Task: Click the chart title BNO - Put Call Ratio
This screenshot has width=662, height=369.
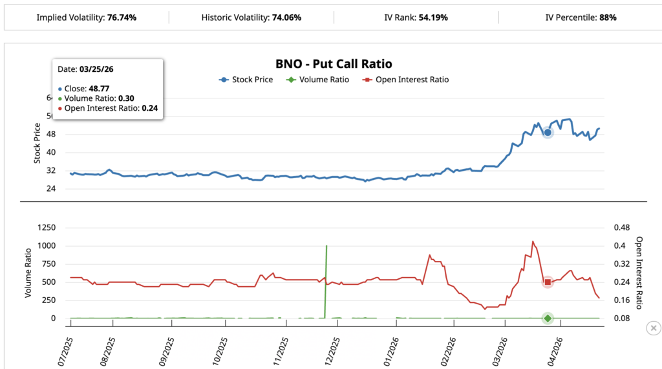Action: point(334,64)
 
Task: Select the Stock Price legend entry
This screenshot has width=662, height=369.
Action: point(246,80)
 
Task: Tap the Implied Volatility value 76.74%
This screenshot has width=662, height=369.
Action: point(121,17)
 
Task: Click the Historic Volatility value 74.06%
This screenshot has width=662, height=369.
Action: point(286,17)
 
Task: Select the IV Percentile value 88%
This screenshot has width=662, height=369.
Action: point(608,17)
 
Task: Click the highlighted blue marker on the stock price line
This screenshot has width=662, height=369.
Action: point(548,133)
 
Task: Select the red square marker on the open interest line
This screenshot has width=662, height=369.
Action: point(548,282)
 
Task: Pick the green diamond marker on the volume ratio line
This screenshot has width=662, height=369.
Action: point(548,318)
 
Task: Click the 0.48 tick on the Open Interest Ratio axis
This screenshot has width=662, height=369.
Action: point(621,228)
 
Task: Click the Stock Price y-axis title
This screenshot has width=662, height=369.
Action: point(37,143)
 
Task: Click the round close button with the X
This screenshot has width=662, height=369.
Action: point(653,328)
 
